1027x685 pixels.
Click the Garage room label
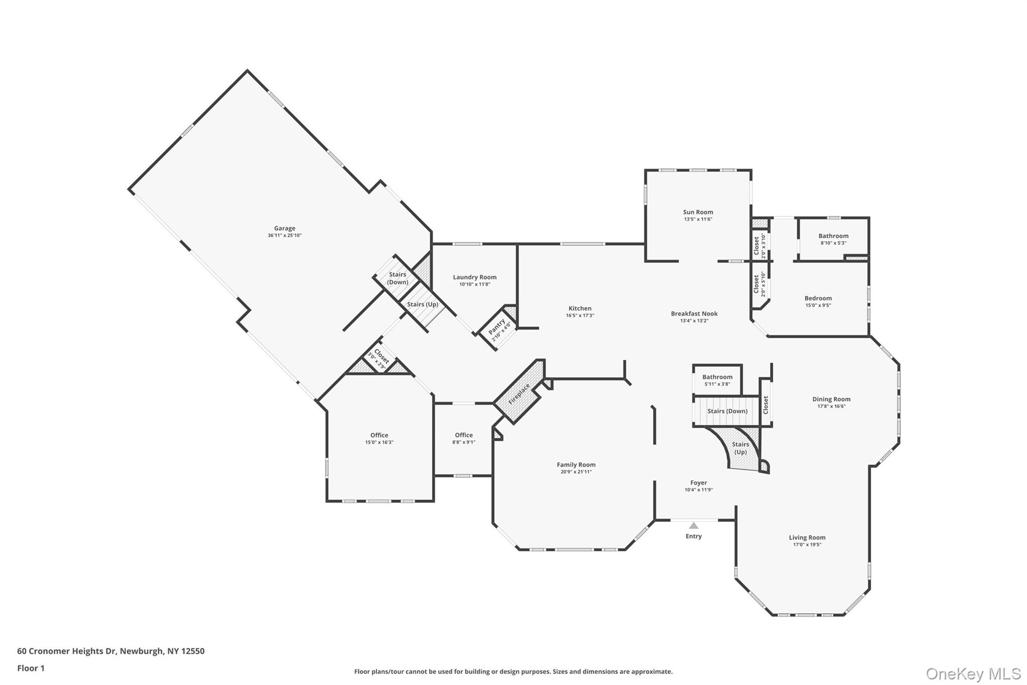click(x=284, y=228)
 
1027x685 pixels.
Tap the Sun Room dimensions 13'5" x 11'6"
click(x=698, y=219)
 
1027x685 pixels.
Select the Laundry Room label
click(x=474, y=277)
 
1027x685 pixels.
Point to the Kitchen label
click(x=580, y=309)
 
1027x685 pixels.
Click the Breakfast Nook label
click(x=694, y=314)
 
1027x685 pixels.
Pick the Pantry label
click(x=497, y=327)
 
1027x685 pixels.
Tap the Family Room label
click(x=576, y=465)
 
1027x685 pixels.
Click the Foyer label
click(x=698, y=483)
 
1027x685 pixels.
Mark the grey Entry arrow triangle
click(x=694, y=525)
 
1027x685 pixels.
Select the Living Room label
click(x=806, y=537)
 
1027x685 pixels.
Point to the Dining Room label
click(x=831, y=399)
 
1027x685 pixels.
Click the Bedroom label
click(x=818, y=298)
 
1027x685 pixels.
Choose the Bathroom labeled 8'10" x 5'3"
click(x=833, y=236)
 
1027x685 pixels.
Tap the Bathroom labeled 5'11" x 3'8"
click(x=717, y=377)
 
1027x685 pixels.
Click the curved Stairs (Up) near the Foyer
click(x=740, y=448)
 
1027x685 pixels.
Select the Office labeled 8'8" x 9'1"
click(x=463, y=435)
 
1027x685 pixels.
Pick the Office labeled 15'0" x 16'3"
click(x=379, y=435)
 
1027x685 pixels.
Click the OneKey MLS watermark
click(x=973, y=673)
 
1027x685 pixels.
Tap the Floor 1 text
click(x=31, y=668)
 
